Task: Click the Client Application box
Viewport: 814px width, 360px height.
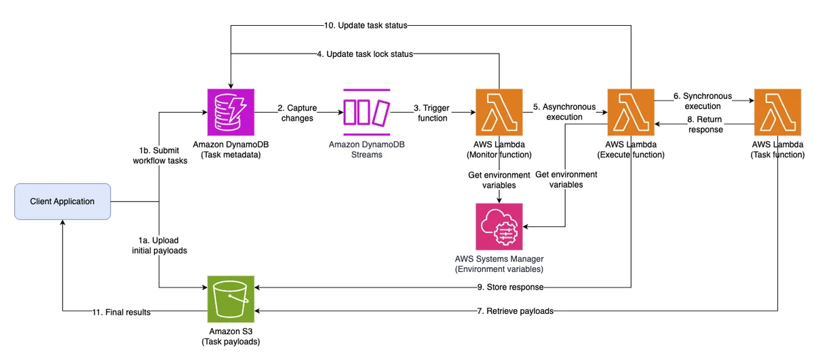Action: click(62, 201)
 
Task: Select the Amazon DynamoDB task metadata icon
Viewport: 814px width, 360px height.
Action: click(231, 113)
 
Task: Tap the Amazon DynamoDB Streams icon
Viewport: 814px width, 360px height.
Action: click(367, 113)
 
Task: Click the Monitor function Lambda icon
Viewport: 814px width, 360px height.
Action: click(499, 113)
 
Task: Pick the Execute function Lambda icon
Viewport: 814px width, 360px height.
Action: click(631, 113)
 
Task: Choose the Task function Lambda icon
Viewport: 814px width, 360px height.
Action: click(777, 113)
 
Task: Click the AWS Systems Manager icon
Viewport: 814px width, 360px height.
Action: click(499, 226)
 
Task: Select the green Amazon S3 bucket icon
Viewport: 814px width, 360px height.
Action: click(231, 299)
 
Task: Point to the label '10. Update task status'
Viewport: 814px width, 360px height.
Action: click(366, 26)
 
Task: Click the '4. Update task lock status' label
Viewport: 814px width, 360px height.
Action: click(365, 54)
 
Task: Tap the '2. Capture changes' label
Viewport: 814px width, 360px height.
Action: click(297, 113)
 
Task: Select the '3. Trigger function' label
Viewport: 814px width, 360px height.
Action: click(431, 113)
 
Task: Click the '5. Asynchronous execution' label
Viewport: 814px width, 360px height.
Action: click(564, 112)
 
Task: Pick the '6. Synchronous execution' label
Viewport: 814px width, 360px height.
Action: click(703, 101)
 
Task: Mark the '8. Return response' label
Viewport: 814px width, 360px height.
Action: click(705, 124)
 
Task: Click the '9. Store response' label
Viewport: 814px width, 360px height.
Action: click(510, 287)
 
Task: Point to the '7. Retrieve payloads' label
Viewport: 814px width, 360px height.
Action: click(515, 311)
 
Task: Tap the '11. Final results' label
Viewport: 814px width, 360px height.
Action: click(121, 312)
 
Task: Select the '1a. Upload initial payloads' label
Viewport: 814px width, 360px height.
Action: click(159, 245)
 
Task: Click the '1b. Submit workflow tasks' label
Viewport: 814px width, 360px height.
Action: click(160, 155)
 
